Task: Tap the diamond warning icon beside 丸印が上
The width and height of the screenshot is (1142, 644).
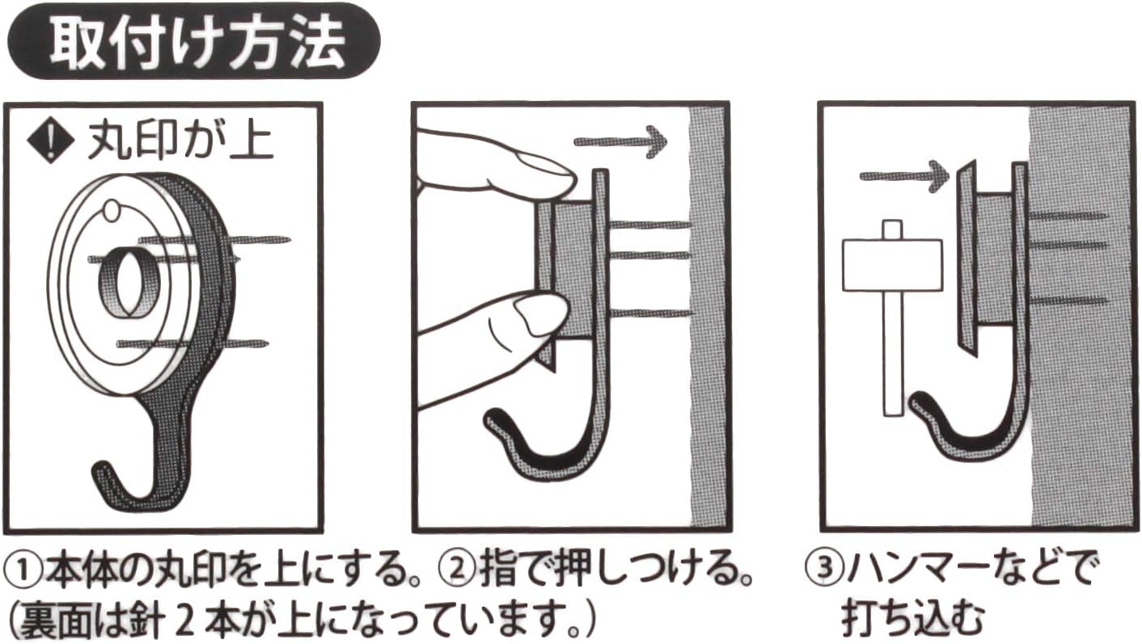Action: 45,142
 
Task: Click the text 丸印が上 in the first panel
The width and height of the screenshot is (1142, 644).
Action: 180,142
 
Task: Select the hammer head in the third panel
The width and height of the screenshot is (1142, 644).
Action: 892,264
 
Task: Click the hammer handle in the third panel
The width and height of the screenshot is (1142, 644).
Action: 892,356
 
